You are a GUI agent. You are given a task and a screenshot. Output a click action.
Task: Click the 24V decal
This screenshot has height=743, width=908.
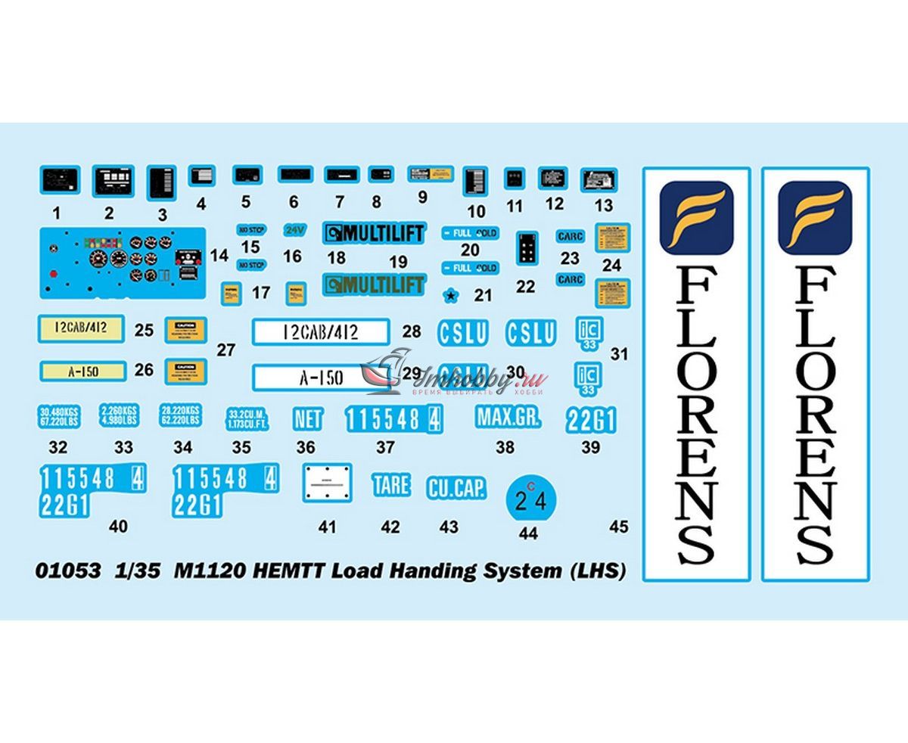[292, 228]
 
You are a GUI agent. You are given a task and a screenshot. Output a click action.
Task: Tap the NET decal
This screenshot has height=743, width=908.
[307, 418]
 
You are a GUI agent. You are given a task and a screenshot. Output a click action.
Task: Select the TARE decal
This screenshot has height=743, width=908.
[390, 485]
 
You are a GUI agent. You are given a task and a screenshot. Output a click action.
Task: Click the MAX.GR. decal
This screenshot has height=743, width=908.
[508, 416]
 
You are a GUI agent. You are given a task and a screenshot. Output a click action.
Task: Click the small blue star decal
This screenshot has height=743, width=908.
[452, 295]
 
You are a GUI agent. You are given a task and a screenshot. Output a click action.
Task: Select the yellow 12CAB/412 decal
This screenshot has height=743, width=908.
[82, 328]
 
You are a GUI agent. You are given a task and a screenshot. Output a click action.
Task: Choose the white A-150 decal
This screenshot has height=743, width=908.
[321, 377]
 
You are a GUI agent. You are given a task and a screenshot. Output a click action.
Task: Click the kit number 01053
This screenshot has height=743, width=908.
[67, 571]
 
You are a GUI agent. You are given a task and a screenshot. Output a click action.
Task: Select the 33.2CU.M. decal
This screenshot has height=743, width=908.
[241, 419]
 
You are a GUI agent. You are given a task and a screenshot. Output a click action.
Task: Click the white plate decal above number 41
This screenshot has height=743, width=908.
[328, 481]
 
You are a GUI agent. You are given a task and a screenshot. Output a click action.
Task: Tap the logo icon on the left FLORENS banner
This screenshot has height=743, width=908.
[696, 217]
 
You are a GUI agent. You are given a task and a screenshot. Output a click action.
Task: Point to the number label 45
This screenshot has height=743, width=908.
[618, 527]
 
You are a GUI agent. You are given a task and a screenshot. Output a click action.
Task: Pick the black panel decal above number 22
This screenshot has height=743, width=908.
[525, 250]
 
